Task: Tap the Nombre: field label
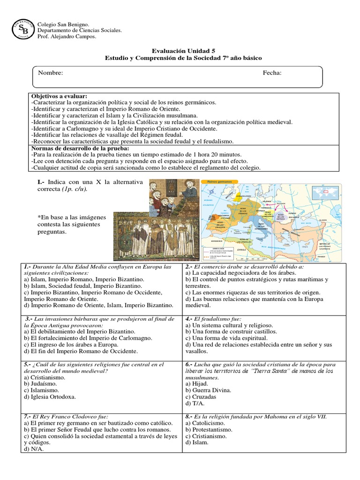[50, 73]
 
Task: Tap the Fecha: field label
[272, 73]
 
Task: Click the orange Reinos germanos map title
[215, 181]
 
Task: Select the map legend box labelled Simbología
[218, 253]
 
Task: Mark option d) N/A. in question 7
[33, 449]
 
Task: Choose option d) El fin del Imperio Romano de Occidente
[80, 351]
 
